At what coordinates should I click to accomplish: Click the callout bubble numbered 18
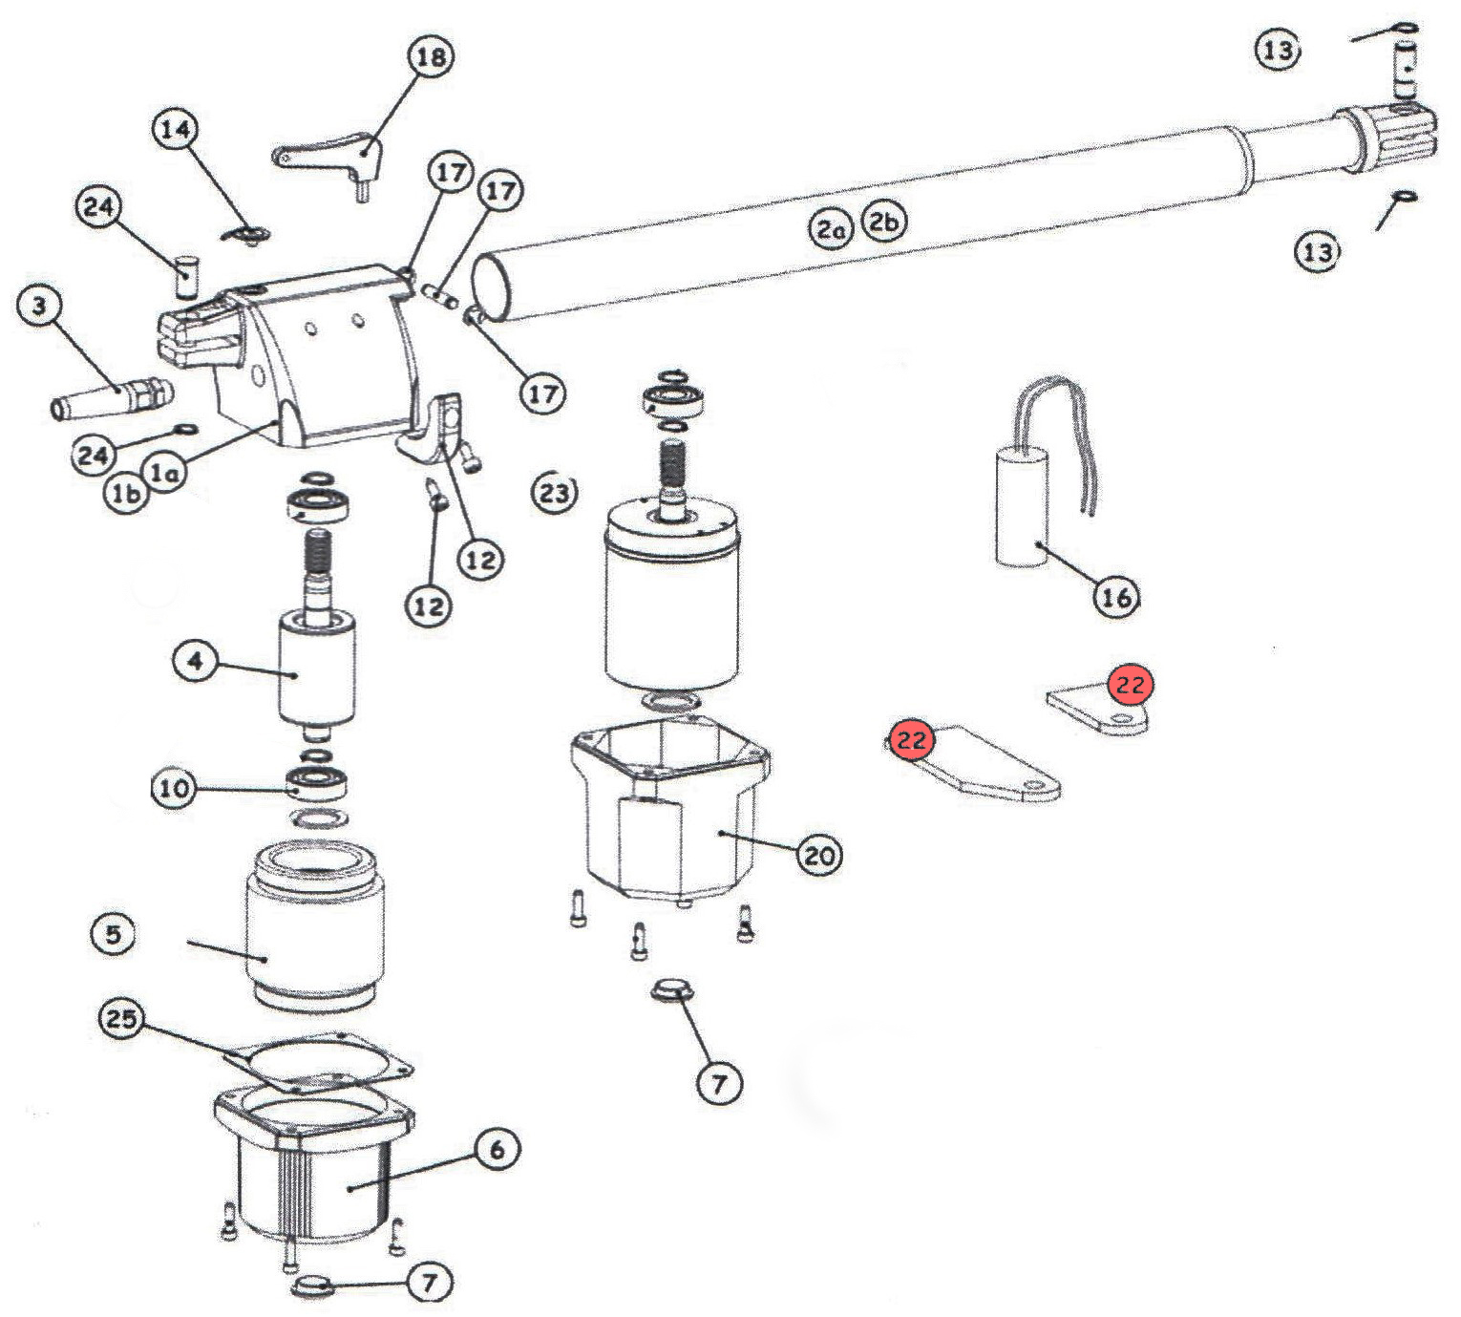pyautogui.click(x=432, y=56)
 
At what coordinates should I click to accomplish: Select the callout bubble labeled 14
pyautogui.click(x=175, y=131)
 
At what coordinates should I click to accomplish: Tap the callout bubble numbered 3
pyautogui.click(x=39, y=307)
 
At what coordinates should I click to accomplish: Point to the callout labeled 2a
pyautogui.click(x=830, y=230)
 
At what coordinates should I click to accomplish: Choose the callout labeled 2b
pyautogui.click(x=884, y=223)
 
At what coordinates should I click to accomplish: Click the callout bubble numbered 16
pyautogui.click(x=1116, y=598)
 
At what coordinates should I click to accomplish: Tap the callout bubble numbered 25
pyautogui.click(x=121, y=1018)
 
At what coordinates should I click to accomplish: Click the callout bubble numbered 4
pyautogui.click(x=195, y=662)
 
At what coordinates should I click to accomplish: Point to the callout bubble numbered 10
pyautogui.click(x=174, y=788)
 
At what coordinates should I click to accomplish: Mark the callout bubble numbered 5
pyautogui.click(x=113, y=934)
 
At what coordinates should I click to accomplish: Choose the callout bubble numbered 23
pyautogui.click(x=554, y=493)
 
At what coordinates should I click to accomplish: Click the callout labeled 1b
pyautogui.click(x=125, y=495)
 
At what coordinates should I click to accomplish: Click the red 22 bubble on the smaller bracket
pyautogui.click(x=1131, y=685)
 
